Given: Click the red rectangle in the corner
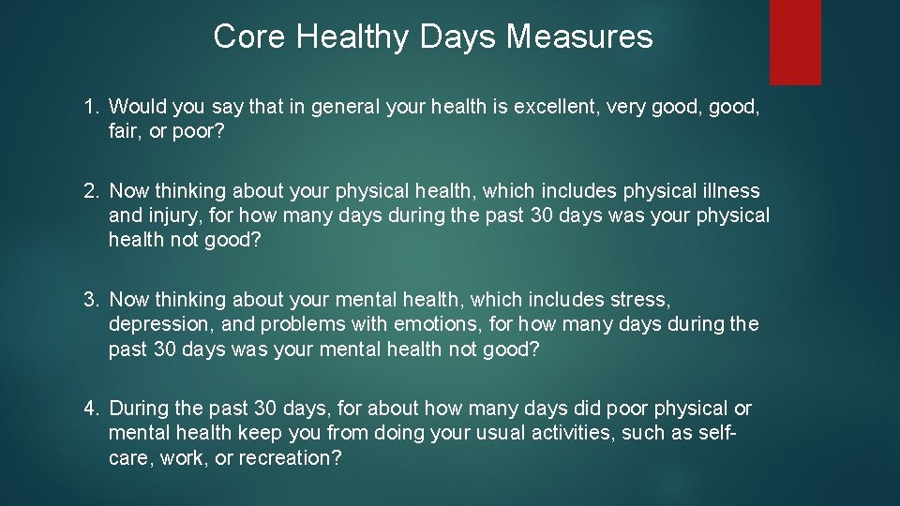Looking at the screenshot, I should pyautogui.click(x=795, y=41).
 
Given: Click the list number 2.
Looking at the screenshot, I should pyautogui.click(x=91, y=191).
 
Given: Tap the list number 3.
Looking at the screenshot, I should pyautogui.click(x=91, y=300).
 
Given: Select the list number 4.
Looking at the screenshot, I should pyautogui.click(x=91, y=409).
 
